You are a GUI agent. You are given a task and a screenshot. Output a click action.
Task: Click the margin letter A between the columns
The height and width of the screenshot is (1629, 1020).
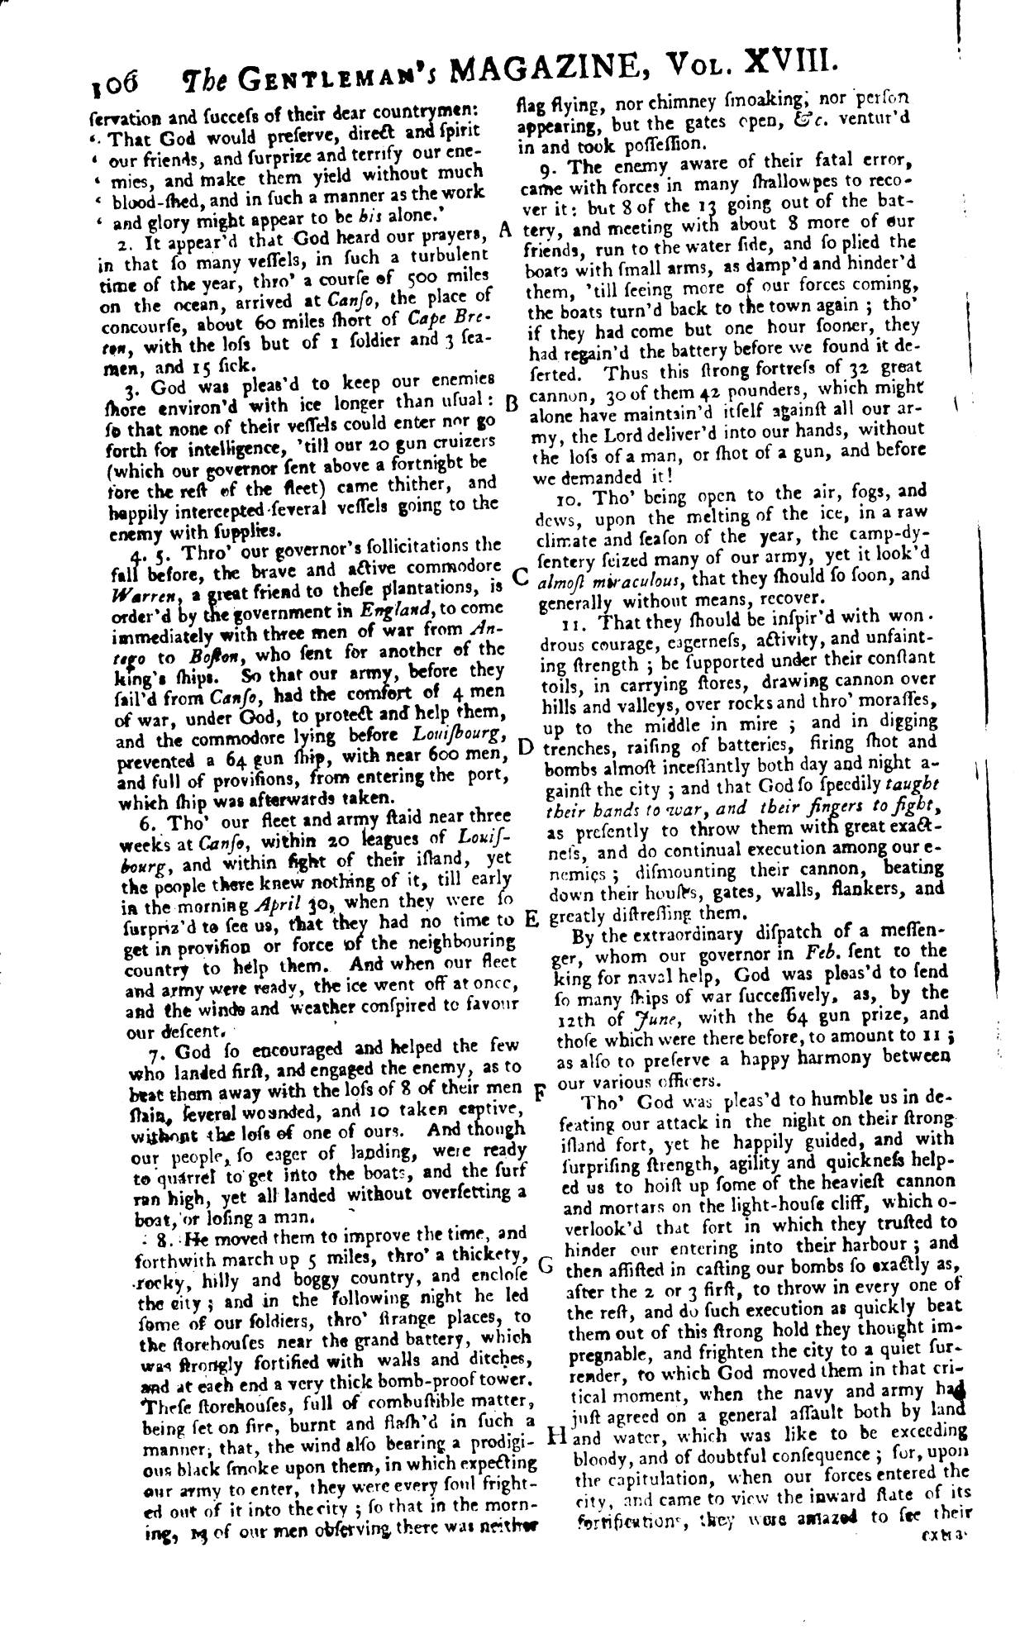(507, 231)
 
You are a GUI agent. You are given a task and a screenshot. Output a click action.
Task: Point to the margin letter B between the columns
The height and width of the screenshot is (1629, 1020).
(510, 404)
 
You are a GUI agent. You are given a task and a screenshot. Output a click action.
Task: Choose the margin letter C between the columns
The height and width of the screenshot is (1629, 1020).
(520, 576)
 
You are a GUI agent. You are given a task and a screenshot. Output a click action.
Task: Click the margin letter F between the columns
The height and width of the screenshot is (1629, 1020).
(537, 1091)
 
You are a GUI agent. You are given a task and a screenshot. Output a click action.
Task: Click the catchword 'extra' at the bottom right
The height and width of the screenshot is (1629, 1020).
(941, 1536)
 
